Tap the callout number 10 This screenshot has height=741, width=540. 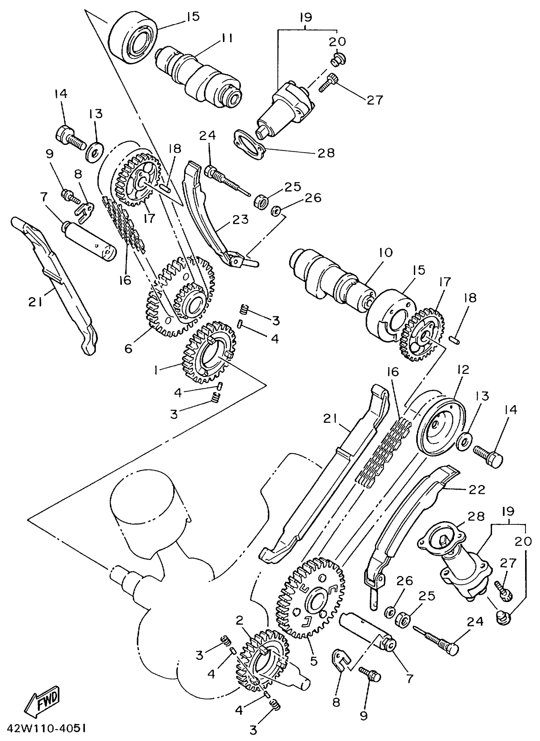pos(386,253)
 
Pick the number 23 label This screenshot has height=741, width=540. pos(240,220)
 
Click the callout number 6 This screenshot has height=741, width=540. pos(129,349)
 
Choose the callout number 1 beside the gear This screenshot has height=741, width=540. pos(156,370)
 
